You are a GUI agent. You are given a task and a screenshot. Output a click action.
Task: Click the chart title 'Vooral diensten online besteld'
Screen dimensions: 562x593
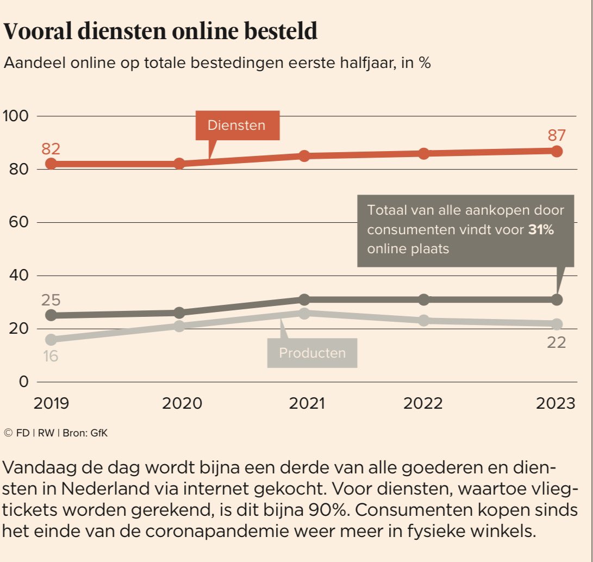[160, 32]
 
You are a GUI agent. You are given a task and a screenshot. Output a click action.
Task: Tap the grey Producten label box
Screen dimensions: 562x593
[312, 353]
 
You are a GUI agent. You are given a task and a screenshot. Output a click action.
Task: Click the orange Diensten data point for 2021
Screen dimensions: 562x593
[304, 156]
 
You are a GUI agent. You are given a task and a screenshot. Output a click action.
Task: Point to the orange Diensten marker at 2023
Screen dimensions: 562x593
[557, 151]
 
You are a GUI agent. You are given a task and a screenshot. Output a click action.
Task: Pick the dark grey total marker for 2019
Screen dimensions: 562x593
[51, 315]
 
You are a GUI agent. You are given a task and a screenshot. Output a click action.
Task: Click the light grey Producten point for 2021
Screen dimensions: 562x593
[304, 313]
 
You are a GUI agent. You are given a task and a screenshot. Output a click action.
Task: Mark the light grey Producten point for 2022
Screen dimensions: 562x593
[424, 321]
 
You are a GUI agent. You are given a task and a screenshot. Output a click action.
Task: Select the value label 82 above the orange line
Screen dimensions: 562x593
[50, 148]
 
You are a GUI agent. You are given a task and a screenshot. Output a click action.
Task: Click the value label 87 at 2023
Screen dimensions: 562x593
[557, 135]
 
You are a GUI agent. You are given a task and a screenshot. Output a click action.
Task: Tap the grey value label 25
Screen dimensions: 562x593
[50, 300]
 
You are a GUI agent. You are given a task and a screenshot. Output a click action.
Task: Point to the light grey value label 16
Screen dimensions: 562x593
[50, 357]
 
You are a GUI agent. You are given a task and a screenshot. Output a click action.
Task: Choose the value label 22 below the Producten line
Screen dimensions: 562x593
[557, 342]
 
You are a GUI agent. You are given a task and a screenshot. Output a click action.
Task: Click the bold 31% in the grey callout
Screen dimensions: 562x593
[541, 230]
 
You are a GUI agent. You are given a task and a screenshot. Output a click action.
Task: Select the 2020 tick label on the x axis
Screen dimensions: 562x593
[179, 403]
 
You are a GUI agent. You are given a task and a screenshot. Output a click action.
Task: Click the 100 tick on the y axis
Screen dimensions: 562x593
[16, 116]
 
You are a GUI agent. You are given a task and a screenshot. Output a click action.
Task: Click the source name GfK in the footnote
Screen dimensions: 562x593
[90, 433]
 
